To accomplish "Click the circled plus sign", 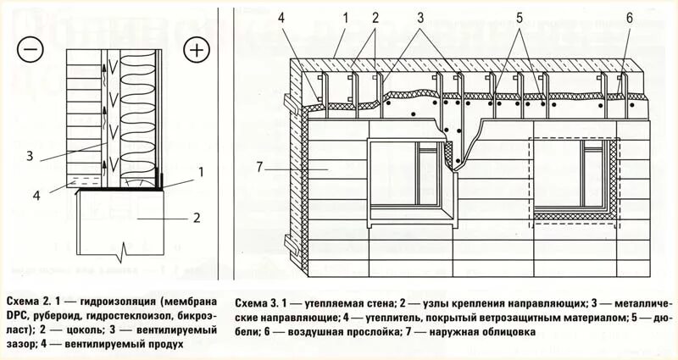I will tap(197, 50).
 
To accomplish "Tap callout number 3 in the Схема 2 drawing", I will tap(29, 155).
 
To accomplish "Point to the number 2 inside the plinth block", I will tap(196, 217).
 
